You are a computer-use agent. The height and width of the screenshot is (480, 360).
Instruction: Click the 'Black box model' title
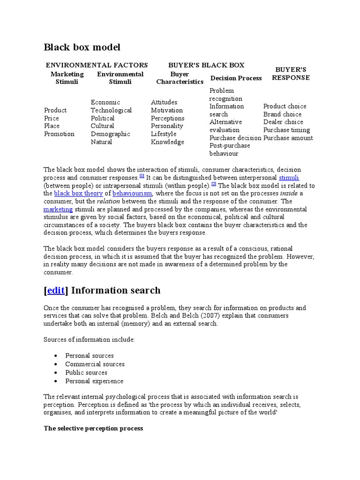(82, 47)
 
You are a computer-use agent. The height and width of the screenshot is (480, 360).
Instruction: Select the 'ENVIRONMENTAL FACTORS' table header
(97, 65)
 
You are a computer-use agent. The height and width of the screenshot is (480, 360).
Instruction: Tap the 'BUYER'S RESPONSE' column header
(291, 74)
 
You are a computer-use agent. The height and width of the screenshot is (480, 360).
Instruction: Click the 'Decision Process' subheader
(236, 78)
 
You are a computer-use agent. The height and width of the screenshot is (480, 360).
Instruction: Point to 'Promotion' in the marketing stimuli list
(59, 134)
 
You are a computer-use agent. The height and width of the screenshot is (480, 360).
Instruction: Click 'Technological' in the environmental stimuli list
(111, 110)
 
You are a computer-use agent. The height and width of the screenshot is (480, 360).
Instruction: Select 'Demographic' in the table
(111, 134)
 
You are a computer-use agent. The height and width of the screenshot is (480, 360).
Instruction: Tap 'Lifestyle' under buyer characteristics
(164, 134)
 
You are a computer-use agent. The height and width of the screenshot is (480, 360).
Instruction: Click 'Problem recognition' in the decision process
(226, 95)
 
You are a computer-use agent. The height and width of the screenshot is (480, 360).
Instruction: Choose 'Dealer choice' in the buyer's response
(283, 122)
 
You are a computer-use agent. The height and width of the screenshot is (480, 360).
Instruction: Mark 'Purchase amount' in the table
(288, 138)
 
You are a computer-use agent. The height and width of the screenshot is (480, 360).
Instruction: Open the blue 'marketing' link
(58, 209)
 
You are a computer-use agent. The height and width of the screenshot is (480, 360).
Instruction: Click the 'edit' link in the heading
(56, 291)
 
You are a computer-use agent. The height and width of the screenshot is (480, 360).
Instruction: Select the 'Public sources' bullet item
(86, 373)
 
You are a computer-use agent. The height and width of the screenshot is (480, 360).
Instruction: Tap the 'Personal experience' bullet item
(94, 381)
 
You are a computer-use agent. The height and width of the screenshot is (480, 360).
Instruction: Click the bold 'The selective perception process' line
(93, 428)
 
